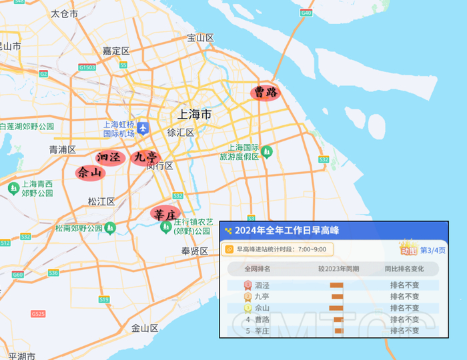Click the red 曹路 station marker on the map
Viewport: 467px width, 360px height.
point(266,93)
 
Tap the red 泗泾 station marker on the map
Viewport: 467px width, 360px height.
point(109,157)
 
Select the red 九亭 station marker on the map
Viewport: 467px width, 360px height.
point(145,157)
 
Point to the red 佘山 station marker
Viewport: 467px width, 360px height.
point(91,172)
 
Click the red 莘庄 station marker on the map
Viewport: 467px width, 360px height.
point(165,214)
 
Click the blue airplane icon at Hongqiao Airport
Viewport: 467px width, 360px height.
point(143,129)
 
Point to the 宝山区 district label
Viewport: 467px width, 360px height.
point(200,37)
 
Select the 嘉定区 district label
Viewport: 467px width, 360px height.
point(115,51)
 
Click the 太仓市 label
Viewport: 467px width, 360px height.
point(64,13)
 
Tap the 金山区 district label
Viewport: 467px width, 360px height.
point(145,328)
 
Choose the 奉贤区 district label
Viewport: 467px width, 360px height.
point(195,251)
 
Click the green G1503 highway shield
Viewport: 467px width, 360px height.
point(87,67)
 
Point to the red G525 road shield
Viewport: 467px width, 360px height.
point(38,313)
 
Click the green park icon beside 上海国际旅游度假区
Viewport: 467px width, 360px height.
point(267,151)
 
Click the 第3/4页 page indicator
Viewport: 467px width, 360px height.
point(432,251)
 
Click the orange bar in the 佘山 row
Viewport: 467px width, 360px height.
point(335,308)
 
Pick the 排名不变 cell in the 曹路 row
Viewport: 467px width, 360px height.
point(404,319)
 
